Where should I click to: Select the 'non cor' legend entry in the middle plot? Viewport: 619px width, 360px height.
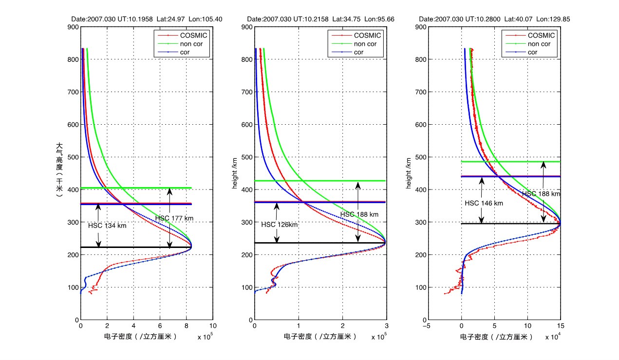364,44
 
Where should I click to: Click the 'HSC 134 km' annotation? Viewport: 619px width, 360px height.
107,226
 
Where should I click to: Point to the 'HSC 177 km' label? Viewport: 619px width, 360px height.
174,218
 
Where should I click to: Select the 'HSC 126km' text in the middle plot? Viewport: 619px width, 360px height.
280,225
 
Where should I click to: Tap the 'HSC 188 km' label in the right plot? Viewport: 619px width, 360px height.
541,193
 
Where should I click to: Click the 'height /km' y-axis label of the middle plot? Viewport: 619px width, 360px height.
235,173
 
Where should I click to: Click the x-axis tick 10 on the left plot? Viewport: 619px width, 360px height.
212,326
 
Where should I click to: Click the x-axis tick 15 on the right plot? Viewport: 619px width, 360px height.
560,326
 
